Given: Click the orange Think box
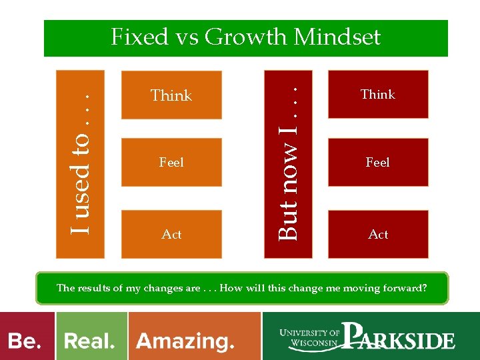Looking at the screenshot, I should (171, 95).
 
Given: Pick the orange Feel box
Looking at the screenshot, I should (171, 162).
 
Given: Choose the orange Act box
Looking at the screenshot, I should (171, 234).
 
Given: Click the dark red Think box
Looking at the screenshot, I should (378, 95).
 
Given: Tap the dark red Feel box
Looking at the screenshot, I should (378, 162).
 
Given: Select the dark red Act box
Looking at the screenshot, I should (378, 234).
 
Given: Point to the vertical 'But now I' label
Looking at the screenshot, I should (287, 163).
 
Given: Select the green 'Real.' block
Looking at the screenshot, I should (91, 341).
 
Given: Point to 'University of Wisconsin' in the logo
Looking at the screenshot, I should (311, 339).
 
